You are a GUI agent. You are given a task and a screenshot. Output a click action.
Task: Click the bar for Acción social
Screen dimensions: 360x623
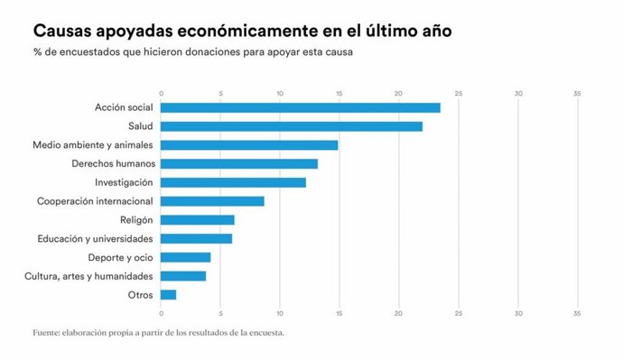(301, 107)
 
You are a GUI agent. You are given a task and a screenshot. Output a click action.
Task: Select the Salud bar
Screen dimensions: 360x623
(292, 126)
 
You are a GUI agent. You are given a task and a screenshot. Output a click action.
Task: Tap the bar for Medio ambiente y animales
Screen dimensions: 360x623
(249, 145)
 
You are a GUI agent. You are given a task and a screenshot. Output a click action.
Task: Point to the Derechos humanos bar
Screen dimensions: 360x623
(239, 163)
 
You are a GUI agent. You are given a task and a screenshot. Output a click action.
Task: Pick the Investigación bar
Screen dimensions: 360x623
(233, 182)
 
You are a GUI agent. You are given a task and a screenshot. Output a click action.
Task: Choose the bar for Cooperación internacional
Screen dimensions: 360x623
(212, 201)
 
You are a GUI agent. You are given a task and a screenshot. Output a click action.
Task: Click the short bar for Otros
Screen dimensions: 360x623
(168, 294)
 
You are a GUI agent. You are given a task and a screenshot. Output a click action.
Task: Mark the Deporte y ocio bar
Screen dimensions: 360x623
(185, 257)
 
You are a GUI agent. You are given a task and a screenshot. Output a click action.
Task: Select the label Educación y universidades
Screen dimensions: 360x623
(95, 238)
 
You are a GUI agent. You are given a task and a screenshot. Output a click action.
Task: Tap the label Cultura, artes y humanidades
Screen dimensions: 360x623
(89, 276)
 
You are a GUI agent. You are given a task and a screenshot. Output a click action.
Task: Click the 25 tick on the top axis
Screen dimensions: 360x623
(459, 93)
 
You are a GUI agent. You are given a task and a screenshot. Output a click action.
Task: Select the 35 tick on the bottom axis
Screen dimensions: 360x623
(577, 314)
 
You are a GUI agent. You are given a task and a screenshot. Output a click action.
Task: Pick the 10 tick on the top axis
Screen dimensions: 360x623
(280, 93)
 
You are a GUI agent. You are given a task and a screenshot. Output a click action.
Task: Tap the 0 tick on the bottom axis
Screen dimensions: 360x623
(161, 314)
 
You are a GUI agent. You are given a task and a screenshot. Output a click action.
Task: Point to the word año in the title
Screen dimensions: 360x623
(431, 32)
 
